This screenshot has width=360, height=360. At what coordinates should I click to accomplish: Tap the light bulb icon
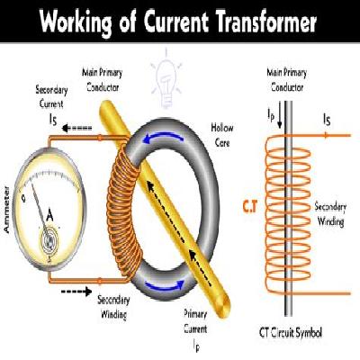tap(166, 80)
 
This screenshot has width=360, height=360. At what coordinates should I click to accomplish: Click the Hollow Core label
tap(222, 135)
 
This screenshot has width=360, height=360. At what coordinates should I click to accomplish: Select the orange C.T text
tap(250, 207)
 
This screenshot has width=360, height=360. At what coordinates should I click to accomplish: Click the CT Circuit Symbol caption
tap(290, 333)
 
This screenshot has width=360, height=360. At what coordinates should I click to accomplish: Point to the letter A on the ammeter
tap(49, 215)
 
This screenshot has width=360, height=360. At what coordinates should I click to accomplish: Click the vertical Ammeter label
tap(6, 210)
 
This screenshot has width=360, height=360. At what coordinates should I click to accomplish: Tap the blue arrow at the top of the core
tap(164, 138)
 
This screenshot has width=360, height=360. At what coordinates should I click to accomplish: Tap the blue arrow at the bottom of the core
tap(165, 285)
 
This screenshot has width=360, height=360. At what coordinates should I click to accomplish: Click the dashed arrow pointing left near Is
tap(76, 129)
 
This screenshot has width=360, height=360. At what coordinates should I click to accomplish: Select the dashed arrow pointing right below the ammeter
tap(76, 292)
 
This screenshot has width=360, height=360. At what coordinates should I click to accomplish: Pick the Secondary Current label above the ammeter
tap(51, 96)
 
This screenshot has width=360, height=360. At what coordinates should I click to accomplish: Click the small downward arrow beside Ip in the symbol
tap(280, 119)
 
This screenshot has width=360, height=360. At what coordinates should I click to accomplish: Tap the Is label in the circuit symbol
tap(327, 120)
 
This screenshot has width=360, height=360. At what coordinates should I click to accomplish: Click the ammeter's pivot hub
tap(48, 239)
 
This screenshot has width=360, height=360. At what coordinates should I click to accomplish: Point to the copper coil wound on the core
tap(123, 210)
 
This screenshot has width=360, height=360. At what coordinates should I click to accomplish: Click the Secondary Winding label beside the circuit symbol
tap(330, 214)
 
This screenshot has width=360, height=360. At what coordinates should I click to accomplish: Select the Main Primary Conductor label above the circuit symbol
tap(287, 80)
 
